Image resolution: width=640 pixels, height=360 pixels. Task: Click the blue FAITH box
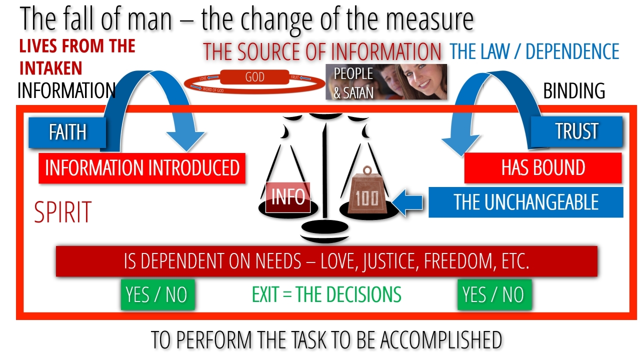point(67,132)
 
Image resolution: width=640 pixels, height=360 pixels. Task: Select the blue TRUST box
point(576,131)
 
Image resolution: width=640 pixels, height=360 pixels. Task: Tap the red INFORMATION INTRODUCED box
point(142,168)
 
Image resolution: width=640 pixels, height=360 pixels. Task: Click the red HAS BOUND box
point(543,168)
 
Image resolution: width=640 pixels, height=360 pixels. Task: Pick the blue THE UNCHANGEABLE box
point(525,202)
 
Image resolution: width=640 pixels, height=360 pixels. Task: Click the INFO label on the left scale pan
point(288,197)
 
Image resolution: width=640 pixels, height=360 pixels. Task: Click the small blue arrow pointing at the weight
point(408,202)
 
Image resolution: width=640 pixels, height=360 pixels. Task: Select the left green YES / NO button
point(157,294)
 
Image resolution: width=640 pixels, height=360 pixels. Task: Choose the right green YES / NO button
point(494,294)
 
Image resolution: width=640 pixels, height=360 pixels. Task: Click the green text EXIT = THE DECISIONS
point(326,294)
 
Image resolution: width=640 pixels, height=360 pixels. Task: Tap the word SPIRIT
point(63,212)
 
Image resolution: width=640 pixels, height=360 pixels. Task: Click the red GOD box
point(255,78)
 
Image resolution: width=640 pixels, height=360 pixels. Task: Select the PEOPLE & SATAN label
point(353,82)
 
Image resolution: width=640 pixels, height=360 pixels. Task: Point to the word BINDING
point(574,91)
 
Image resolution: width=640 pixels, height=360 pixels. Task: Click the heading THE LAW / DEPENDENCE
point(534,51)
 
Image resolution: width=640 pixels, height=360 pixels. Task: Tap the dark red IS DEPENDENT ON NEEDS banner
point(326,261)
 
